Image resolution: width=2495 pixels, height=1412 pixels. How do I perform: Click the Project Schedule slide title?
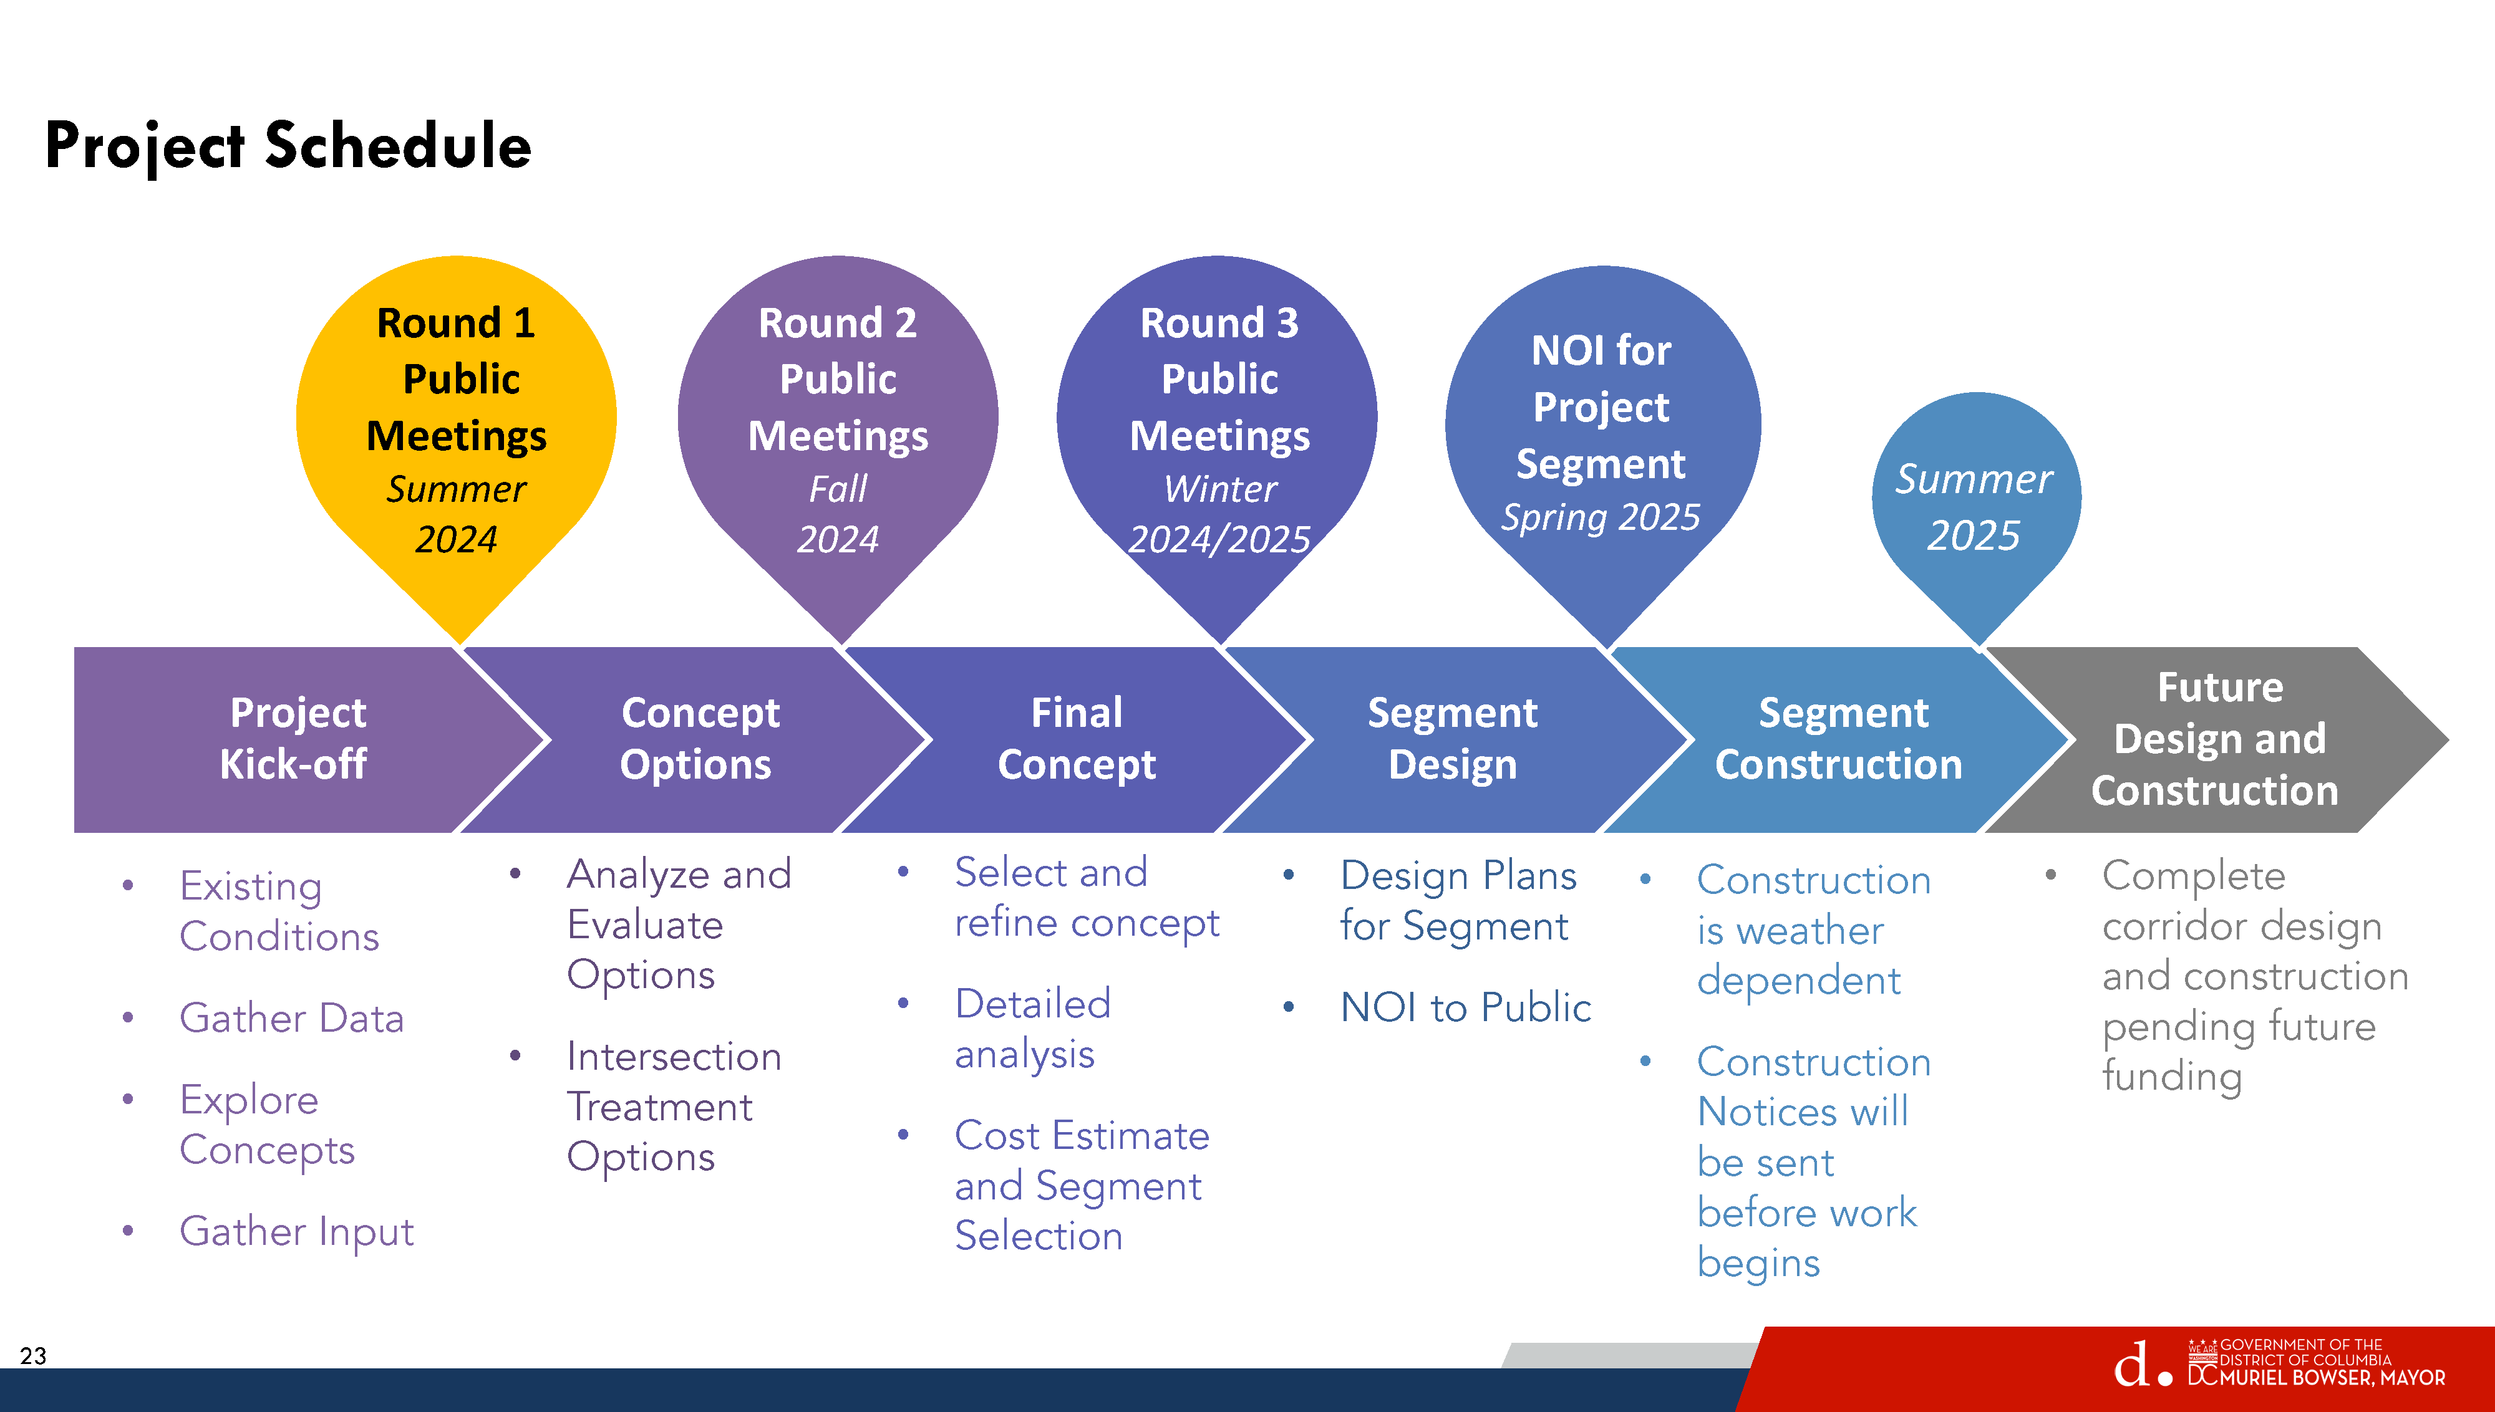point(288,145)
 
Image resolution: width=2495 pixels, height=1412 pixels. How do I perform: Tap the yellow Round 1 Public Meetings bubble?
point(456,426)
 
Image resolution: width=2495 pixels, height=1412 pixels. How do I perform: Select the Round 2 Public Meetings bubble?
point(838,426)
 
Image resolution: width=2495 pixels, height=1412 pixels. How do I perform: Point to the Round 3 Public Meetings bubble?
point(1218,426)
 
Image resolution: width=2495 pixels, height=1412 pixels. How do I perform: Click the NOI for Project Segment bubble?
point(1602,431)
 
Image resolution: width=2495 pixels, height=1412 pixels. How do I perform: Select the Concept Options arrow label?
point(699,739)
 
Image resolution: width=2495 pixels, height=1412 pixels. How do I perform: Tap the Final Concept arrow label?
point(1077,739)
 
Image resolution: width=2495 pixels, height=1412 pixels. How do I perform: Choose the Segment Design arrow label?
point(1452,739)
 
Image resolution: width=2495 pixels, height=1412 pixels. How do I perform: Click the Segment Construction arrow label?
point(1840,739)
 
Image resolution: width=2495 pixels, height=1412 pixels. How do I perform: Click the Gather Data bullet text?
point(291,1018)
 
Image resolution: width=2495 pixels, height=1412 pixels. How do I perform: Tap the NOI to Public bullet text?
point(1465,1007)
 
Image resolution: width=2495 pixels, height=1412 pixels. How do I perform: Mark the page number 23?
point(33,1356)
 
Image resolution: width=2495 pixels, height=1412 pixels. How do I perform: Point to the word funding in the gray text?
point(2172,1077)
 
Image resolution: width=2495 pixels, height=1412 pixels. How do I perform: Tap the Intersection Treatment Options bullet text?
point(673,1107)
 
